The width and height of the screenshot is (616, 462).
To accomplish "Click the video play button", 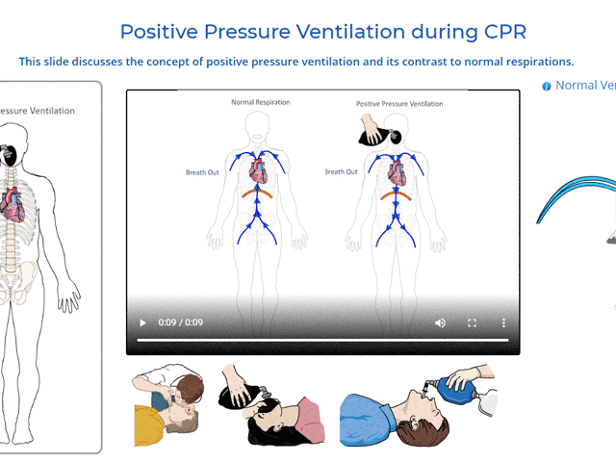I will (143, 323).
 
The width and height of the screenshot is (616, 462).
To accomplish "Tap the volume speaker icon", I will (441, 323).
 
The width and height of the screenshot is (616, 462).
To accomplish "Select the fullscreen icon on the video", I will (473, 323).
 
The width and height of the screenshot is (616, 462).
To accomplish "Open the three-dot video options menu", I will (503, 323).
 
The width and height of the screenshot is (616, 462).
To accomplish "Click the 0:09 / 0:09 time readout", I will (181, 323).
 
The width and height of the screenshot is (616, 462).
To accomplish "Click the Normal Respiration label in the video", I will (260, 102).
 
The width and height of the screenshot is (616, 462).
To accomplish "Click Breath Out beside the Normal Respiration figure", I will (204, 172).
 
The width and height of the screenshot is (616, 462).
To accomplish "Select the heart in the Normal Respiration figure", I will (257, 170).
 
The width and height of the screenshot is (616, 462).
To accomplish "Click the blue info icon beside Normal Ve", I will (547, 86).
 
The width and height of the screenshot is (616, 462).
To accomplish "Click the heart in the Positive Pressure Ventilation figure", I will (396, 171).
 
